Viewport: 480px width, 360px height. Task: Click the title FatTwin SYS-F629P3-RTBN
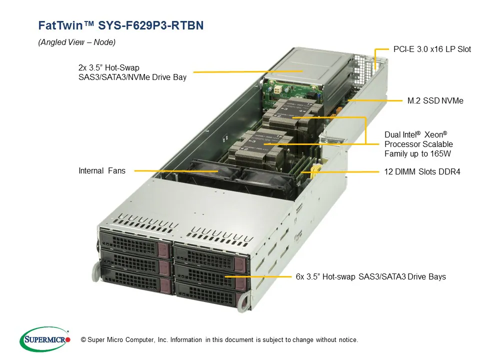(x=121, y=25)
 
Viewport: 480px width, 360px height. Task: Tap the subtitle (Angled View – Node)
(x=76, y=42)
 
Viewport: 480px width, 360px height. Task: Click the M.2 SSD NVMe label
(x=435, y=100)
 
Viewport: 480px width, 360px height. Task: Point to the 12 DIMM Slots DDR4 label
(x=422, y=171)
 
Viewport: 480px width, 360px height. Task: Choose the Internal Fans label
(x=102, y=170)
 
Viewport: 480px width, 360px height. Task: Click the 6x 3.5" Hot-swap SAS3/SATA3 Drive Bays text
(x=370, y=276)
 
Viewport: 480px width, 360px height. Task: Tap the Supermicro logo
(x=44, y=339)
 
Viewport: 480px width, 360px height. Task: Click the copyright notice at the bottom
(x=215, y=340)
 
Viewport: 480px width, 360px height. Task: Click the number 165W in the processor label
(x=439, y=153)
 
